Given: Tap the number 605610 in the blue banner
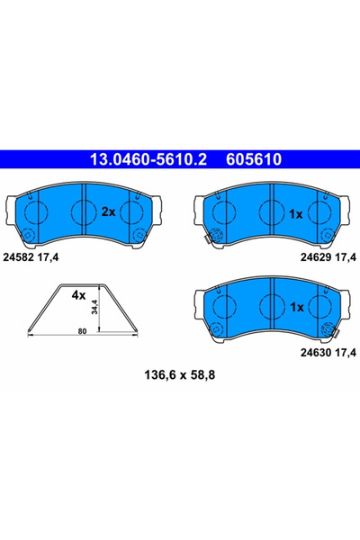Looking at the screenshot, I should [x=251, y=160].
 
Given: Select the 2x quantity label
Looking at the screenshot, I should [x=107, y=212].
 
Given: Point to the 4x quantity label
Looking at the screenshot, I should [x=78, y=294].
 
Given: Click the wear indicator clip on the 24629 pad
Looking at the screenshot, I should [x=207, y=239].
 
